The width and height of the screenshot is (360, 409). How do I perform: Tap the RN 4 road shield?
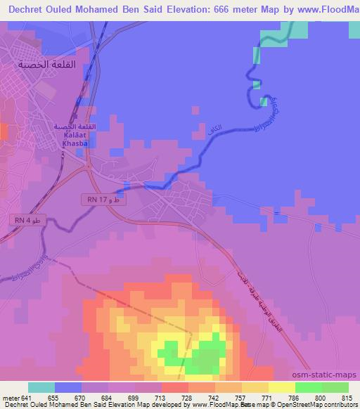pos(24,221)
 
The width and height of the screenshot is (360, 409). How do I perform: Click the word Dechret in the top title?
pos(25,9)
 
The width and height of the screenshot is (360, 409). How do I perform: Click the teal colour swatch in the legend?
pos(41,387)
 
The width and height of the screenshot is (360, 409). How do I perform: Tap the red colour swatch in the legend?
pos(174,387)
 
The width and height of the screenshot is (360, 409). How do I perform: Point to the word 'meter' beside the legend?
pos(11,398)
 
